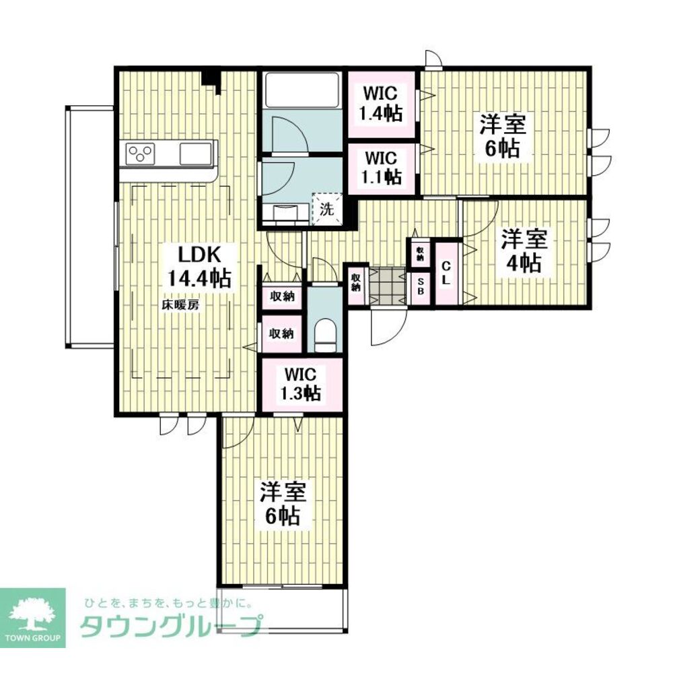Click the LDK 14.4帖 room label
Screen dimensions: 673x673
pyautogui.click(x=199, y=267)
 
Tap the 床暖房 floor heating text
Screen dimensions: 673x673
pyautogui.click(x=180, y=305)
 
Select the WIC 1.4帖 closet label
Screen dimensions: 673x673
pyautogui.click(x=381, y=104)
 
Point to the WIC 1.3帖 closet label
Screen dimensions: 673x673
pyautogui.click(x=301, y=384)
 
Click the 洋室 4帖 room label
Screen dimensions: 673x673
pyautogui.click(x=524, y=251)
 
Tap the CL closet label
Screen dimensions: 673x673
pyautogui.click(x=446, y=274)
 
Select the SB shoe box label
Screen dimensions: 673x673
pyautogui.click(x=421, y=286)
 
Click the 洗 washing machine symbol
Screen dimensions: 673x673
pyautogui.click(x=327, y=209)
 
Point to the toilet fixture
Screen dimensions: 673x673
pyautogui.click(x=324, y=335)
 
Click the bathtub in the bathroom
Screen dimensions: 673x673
pyautogui.click(x=302, y=90)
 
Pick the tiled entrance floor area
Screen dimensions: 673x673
pyautogui.click(x=387, y=286)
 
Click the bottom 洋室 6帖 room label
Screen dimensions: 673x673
pyautogui.click(x=283, y=504)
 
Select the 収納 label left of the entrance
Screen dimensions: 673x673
pyautogui.click(x=356, y=282)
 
